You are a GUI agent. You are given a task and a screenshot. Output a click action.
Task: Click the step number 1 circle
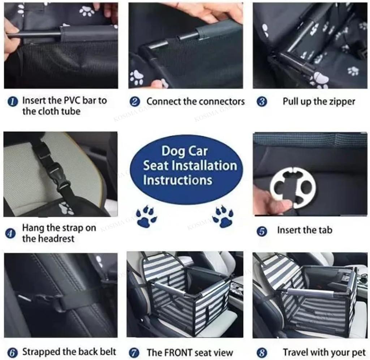[x=13, y=102]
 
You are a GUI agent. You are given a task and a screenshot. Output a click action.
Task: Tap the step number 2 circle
[x=135, y=102]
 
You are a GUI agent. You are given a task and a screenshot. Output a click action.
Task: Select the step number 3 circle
[x=262, y=102]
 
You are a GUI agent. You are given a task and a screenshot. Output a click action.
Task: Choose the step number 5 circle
[x=262, y=231]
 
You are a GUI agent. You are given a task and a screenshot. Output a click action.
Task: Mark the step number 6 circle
[x=13, y=353]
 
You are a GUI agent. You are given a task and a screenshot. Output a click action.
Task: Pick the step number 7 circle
[x=134, y=353]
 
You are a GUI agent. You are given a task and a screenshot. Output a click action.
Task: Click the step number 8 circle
[x=262, y=353]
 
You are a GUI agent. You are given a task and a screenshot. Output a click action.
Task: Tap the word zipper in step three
[x=342, y=102]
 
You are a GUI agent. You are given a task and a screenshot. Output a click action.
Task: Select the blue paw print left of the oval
[x=147, y=216]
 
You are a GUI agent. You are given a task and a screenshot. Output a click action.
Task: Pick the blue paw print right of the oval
[x=223, y=216]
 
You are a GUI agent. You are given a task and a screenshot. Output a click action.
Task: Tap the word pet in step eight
[x=359, y=353]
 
